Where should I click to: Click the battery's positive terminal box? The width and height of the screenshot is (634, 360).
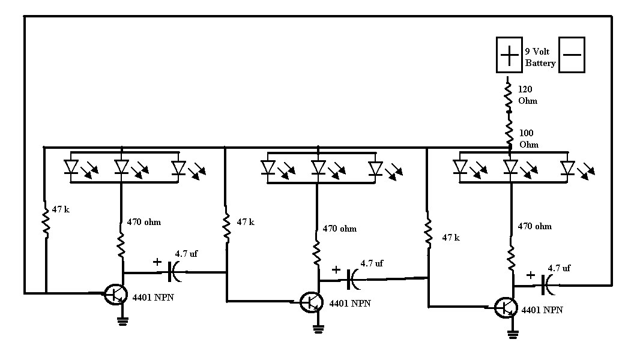coord(509,55)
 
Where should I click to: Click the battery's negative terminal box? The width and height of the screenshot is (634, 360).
coord(572,55)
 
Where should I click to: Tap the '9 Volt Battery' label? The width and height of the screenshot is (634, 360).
coord(540,58)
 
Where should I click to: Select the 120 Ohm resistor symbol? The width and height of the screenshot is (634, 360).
coord(509,96)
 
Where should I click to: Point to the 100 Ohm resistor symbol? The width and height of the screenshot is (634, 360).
coord(509,131)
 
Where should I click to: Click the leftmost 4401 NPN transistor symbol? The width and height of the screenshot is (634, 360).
coord(115,295)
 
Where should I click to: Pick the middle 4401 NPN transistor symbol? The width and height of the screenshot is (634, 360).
coord(312,301)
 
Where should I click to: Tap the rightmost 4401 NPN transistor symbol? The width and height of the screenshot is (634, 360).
coord(506,308)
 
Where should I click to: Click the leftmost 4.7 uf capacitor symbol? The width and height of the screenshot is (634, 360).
coord(175,272)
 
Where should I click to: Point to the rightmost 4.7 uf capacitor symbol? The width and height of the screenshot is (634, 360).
coord(549,285)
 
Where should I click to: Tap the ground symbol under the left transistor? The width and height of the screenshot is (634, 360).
coord(122,321)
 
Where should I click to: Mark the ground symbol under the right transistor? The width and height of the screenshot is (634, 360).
coord(513,334)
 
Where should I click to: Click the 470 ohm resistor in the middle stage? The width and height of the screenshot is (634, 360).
coord(317,253)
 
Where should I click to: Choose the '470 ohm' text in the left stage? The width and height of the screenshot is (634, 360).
coord(144,222)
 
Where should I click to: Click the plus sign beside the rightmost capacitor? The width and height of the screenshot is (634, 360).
coord(531,275)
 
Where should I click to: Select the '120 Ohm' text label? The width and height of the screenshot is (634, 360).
coord(528,95)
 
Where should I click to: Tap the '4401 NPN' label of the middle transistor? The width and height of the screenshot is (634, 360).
coord(350,304)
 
